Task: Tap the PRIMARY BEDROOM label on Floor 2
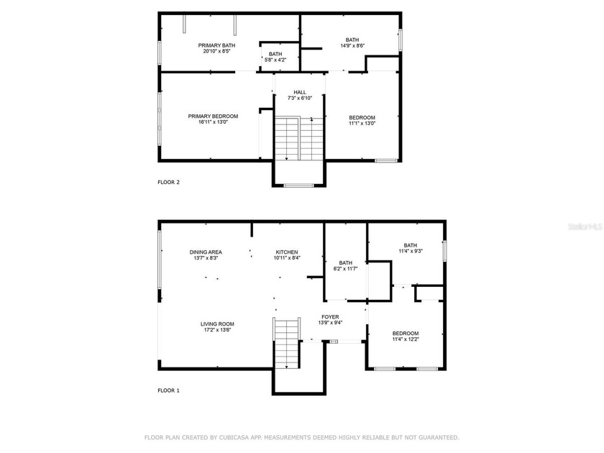click(x=213, y=116)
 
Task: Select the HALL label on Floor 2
click(x=300, y=92)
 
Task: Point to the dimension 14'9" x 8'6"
click(x=352, y=46)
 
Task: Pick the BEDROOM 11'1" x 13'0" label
click(x=362, y=118)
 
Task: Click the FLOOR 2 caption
click(x=169, y=182)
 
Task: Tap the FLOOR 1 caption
click(x=169, y=390)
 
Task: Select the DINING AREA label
click(x=206, y=252)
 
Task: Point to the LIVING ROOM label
click(x=217, y=324)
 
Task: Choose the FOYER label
click(x=331, y=316)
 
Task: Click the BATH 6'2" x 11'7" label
click(x=346, y=263)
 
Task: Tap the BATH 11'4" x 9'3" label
click(x=410, y=244)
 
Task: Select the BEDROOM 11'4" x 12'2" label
click(x=406, y=333)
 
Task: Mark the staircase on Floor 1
click(x=286, y=344)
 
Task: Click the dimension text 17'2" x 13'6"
click(x=217, y=330)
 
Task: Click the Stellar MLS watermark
click(x=585, y=225)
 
